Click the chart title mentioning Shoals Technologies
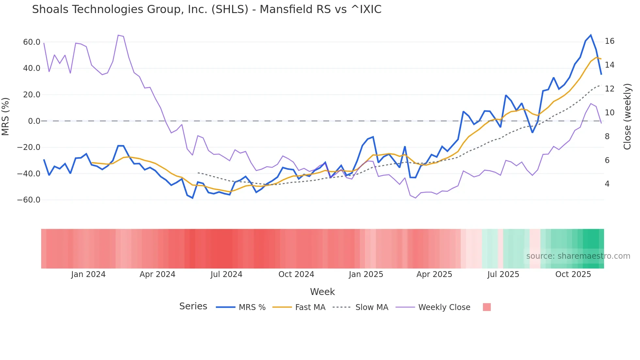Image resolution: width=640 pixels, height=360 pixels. point(206,9)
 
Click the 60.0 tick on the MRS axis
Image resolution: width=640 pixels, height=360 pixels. point(32,42)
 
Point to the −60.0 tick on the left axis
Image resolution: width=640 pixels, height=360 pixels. point(29,200)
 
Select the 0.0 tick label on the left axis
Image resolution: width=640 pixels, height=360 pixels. point(34,121)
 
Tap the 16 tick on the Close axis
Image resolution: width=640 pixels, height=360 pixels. point(609,41)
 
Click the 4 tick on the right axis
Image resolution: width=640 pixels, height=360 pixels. point(607,184)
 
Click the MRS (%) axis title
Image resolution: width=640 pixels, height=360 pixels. point(6,116)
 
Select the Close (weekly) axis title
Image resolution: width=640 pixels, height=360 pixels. point(627,117)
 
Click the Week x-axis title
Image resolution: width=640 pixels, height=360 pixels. point(322,292)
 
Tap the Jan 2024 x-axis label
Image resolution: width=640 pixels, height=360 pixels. point(88,274)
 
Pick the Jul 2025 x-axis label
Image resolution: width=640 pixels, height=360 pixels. point(503,274)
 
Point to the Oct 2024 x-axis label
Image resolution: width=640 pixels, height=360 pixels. point(296,274)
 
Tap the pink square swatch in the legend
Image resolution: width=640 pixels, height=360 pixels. point(487,307)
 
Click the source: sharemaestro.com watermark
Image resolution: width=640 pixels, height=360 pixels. point(578,256)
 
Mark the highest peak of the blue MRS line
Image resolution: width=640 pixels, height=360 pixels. point(591,35)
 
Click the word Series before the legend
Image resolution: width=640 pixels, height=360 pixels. point(193,306)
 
